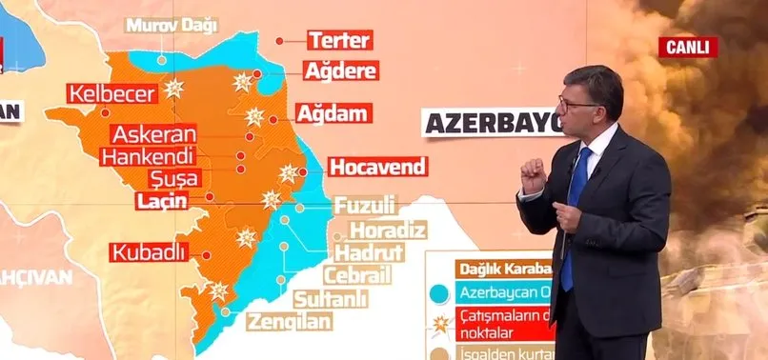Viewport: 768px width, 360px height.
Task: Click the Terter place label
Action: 339,40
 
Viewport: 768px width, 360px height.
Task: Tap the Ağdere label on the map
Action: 340,70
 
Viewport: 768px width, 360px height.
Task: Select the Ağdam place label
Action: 332,113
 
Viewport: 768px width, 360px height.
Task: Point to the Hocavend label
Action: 375,167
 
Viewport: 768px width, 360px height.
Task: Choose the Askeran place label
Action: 153,134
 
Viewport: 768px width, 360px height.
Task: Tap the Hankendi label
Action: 147,156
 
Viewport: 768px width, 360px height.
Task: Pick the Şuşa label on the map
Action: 174,178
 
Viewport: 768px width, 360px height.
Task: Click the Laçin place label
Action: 160,200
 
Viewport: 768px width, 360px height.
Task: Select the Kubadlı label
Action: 148,252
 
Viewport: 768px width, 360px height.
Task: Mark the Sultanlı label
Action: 333,298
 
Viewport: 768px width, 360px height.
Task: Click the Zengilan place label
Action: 291,321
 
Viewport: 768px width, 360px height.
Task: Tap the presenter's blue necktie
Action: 575,224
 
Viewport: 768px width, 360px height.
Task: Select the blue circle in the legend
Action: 439,292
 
